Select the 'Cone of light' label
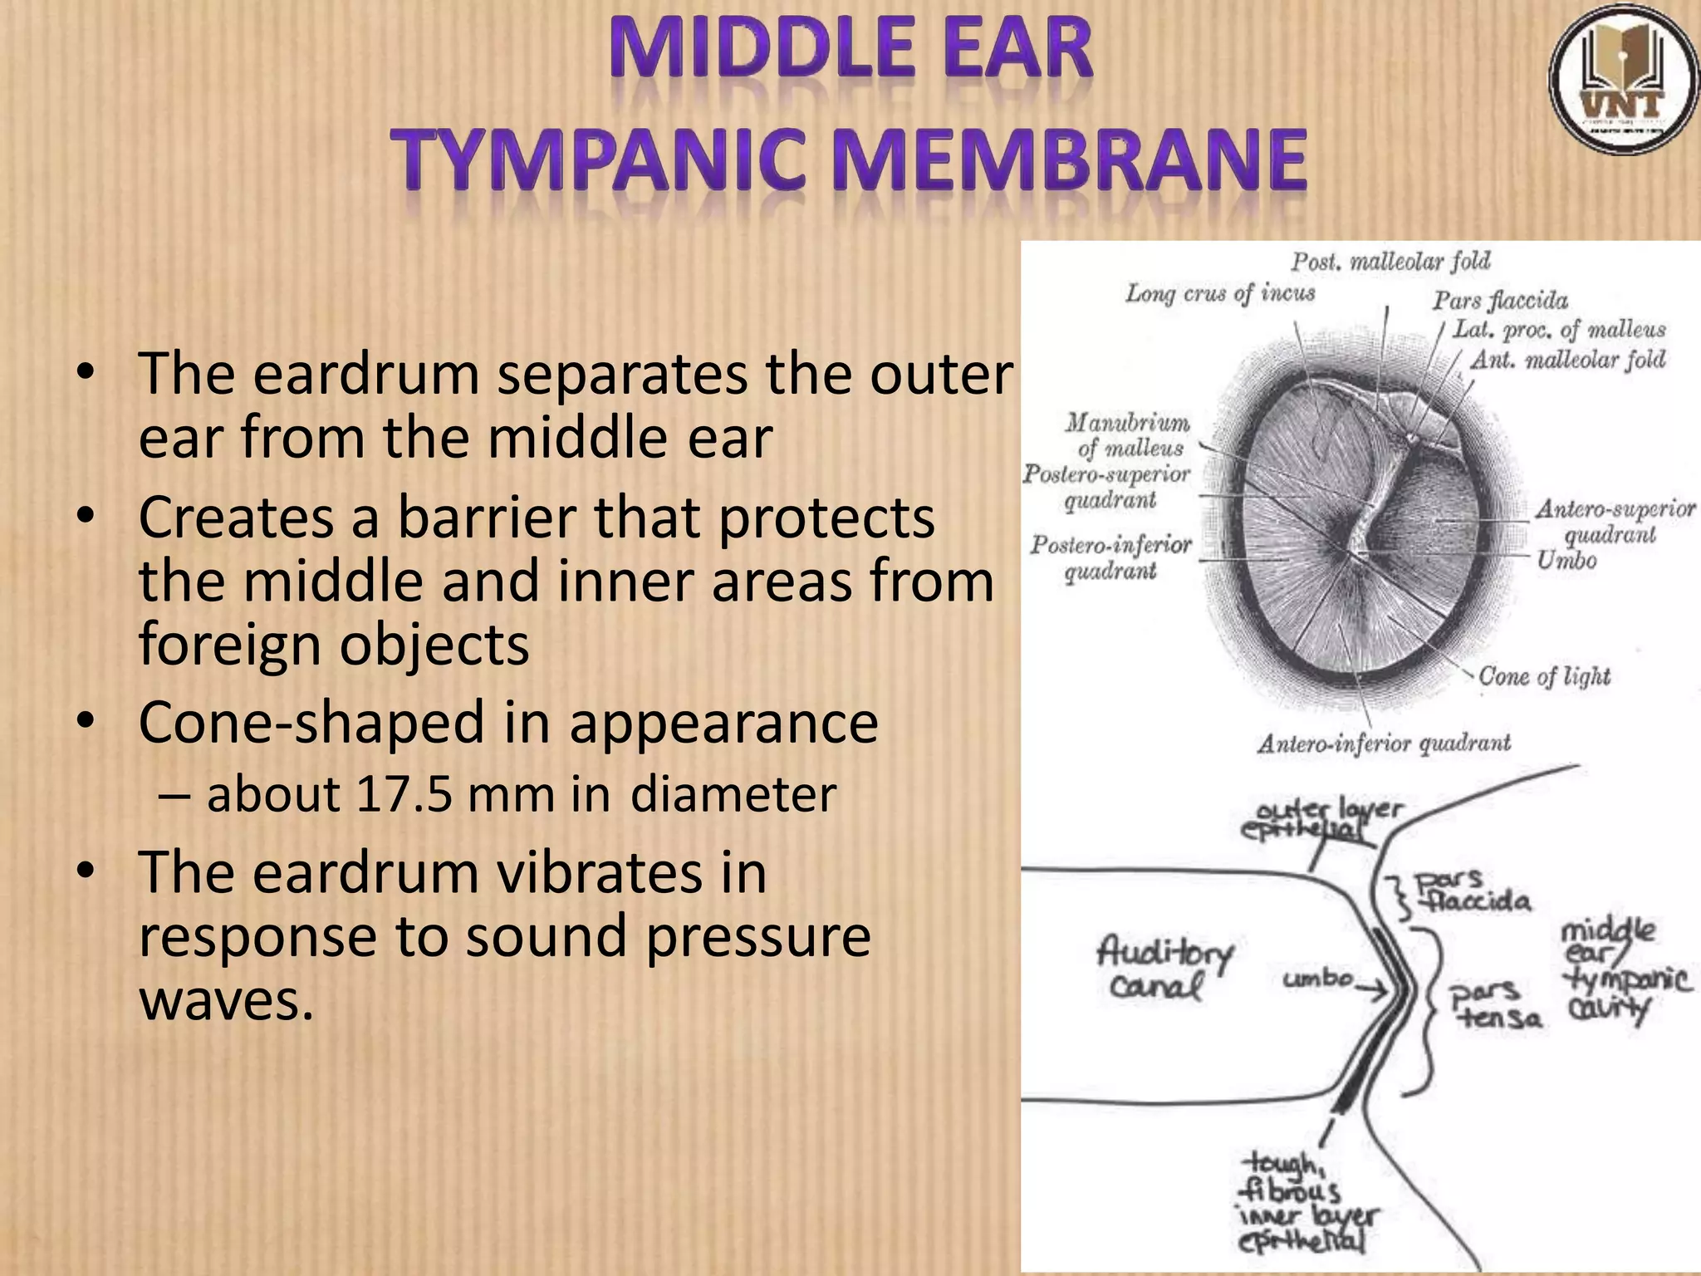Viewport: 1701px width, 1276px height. tap(1544, 677)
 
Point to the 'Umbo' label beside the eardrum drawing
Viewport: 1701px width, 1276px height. tap(1566, 561)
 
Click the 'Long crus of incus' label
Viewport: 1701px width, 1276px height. tap(1219, 293)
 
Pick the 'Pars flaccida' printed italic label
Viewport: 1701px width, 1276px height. tap(1500, 300)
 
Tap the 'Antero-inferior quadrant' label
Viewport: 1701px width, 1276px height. tap(1384, 744)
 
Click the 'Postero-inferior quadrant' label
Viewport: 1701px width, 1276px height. tap(1110, 557)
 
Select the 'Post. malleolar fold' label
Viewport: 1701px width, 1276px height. tap(1390, 262)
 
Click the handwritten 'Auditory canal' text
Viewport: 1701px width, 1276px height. tap(1163, 969)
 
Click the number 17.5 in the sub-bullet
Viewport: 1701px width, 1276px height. tap(403, 794)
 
